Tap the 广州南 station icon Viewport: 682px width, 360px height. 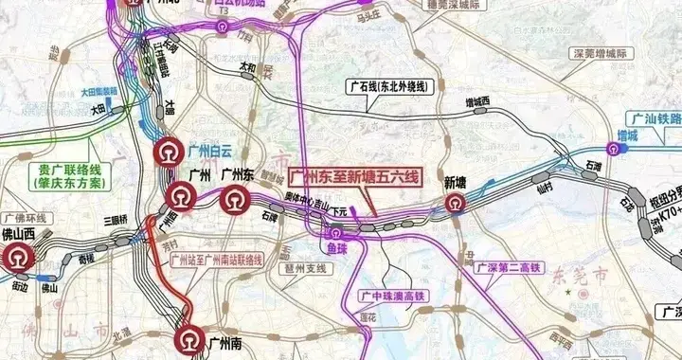pyautogui.click(x=188, y=340)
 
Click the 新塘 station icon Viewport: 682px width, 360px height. pyautogui.click(x=457, y=204)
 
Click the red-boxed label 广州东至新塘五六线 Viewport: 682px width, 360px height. pyautogui.click(x=352, y=176)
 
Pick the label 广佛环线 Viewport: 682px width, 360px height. pyautogui.click(x=23, y=217)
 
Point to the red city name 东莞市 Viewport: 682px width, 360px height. pyautogui.click(x=569, y=275)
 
